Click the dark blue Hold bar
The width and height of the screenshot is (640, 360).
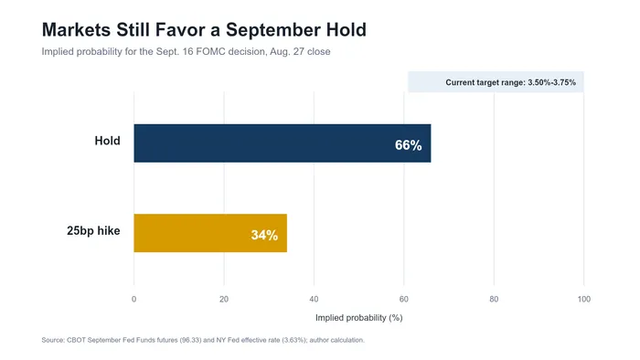pyautogui.click(x=283, y=143)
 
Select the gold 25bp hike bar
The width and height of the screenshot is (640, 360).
pyautogui.click(x=210, y=233)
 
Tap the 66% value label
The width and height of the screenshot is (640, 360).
pyautogui.click(x=408, y=145)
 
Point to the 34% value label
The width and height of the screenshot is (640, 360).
pyautogui.click(x=264, y=235)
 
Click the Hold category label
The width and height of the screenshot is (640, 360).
pyautogui.click(x=107, y=141)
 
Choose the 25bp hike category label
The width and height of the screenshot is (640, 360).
pyautogui.click(x=93, y=231)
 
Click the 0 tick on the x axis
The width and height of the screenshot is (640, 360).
pyautogui.click(x=133, y=300)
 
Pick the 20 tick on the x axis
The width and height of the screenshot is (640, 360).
pyautogui.click(x=224, y=300)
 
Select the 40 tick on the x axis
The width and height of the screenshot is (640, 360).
pyautogui.click(x=314, y=300)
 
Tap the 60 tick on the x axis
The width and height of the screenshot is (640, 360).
pyautogui.click(x=404, y=300)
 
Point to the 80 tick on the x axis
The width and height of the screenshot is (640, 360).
pyautogui.click(x=494, y=300)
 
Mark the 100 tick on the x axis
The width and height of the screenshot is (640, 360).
pyautogui.click(x=583, y=300)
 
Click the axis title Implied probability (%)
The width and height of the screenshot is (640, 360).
pyautogui.click(x=358, y=318)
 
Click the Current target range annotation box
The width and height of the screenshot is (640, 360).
pyautogui.click(x=496, y=82)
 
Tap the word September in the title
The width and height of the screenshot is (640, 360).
pyautogui.click(x=273, y=30)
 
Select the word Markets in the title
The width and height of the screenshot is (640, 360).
pyautogui.click(x=76, y=30)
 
